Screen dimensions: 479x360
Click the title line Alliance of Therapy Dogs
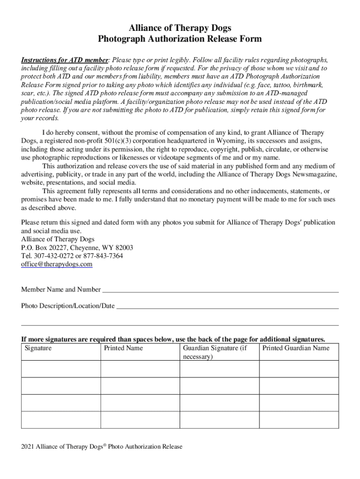[180, 28]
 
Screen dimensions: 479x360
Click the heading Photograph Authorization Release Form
[180, 39]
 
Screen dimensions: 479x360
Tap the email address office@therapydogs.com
[57, 264]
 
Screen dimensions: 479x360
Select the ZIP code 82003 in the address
[124, 247]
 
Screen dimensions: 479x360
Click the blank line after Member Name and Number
[220, 290]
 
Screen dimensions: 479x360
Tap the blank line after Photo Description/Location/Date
[227, 306]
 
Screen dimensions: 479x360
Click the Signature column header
[38, 348]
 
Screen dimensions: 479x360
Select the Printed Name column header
[123, 348]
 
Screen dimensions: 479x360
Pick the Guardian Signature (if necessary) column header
[215, 352]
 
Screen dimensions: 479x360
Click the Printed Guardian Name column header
[296, 348]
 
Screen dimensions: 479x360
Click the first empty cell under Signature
[61, 369]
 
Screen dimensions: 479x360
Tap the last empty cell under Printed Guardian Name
[299, 420]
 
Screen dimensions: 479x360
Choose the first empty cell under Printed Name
[140, 369]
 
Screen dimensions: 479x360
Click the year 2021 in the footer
[28, 447]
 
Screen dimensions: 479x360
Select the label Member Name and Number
[61, 290]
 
